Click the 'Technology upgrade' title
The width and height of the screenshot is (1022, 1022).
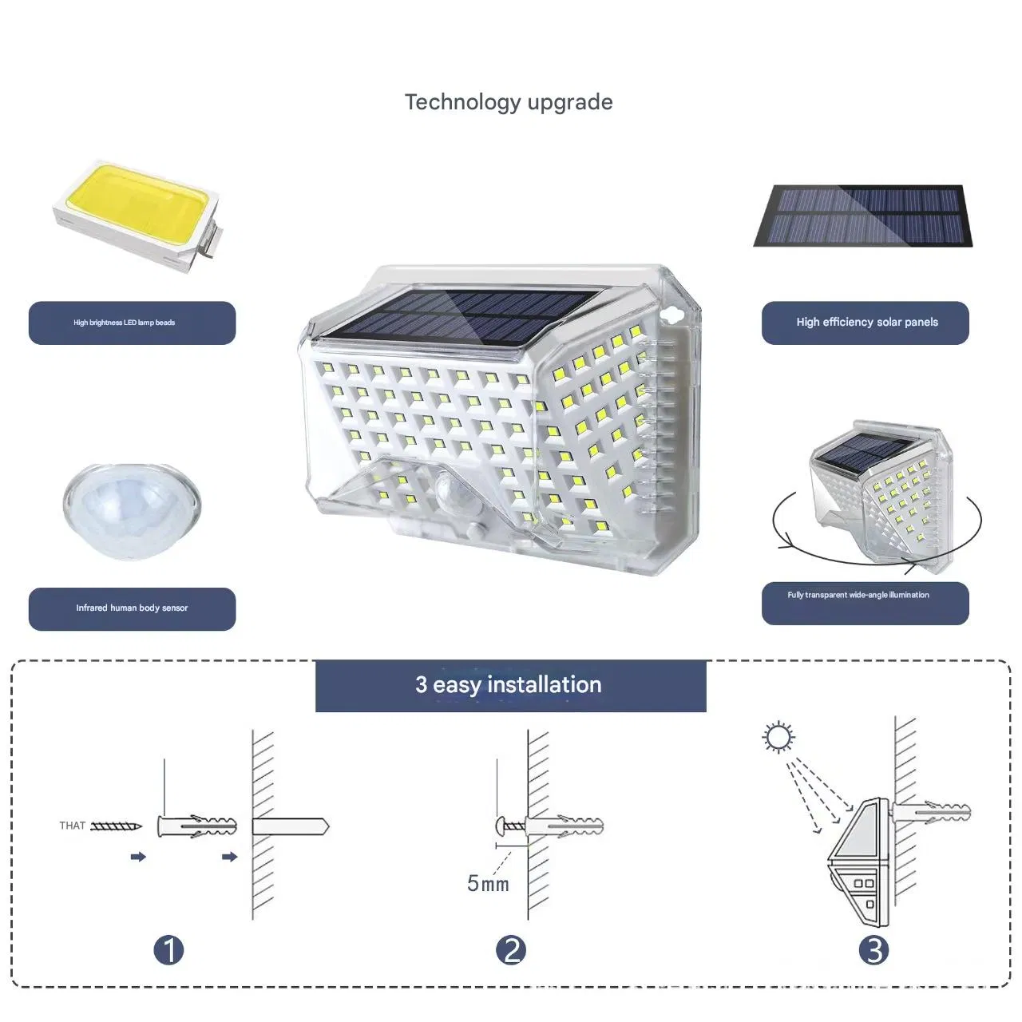pos(509,102)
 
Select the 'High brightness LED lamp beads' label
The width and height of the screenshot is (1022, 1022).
pos(124,323)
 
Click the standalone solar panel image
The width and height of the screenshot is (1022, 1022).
pos(863,216)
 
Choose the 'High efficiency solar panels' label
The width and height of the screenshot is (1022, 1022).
pos(867,322)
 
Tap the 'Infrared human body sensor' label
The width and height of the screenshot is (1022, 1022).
pos(132,608)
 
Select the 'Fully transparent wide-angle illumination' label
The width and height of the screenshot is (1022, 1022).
pos(858,595)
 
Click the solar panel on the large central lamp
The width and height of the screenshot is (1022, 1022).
pos(460,317)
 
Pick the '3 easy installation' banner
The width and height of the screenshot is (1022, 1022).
pos(511,686)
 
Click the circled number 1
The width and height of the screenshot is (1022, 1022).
pos(168,950)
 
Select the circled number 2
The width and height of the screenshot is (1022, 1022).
pos(511,950)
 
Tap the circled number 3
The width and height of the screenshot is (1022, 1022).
pos(873,950)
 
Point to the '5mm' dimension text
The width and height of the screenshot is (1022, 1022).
pos(488,884)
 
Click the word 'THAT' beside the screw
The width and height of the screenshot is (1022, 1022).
pos(72,826)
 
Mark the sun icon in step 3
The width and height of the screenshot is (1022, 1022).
pos(778,737)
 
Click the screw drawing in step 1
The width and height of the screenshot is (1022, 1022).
pos(116,826)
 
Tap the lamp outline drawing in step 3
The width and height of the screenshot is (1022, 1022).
pos(859,862)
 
